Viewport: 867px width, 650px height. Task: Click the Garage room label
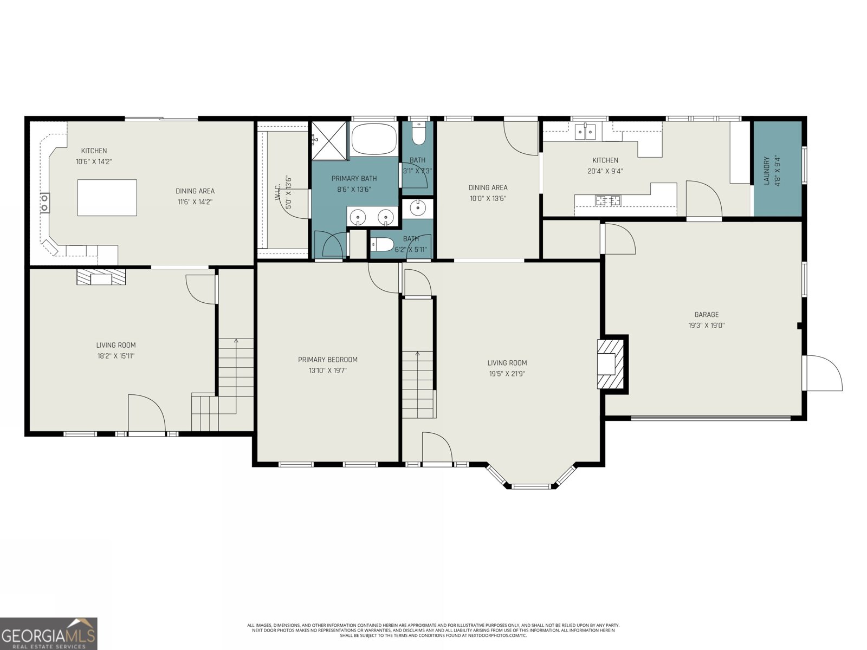(x=706, y=315)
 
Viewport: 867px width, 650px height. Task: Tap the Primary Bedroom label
(x=327, y=360)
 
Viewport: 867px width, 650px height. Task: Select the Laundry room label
(x=766, y=171)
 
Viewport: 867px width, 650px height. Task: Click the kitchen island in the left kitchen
(x=107, y=198)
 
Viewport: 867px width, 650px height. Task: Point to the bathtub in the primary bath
(x=374, y=139)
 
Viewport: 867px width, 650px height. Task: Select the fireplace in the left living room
(x=101, y=277)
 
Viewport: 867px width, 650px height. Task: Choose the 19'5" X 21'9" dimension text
(x=507, y=374)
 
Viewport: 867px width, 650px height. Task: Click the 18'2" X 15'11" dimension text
(x=116, y=356)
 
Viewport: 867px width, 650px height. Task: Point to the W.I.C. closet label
(x=278, y=192)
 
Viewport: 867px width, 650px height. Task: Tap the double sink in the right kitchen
(x=585, y=132)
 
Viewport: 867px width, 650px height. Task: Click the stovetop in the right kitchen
(x=608, y=200)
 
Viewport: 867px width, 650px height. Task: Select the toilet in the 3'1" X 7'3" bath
(x=417, y=134)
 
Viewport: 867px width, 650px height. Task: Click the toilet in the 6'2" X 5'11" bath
(x=381, y=245)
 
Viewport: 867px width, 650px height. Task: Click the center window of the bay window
(x=531, y=486)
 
